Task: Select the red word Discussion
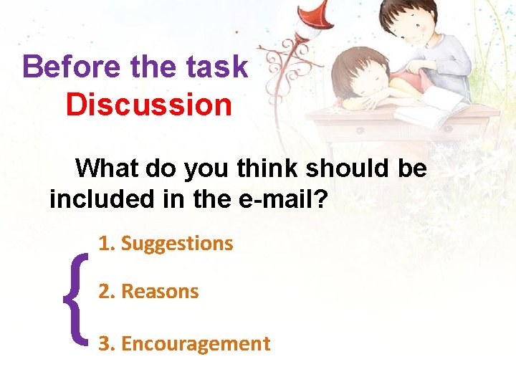click(x=148, y=105)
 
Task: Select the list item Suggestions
click(x=177, y=244)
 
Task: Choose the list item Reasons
click(x=160, y=292)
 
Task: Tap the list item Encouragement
click(x=196, y=344)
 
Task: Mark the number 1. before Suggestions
click(x=107, y=244)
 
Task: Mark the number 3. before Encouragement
click(x=107, y=344)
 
